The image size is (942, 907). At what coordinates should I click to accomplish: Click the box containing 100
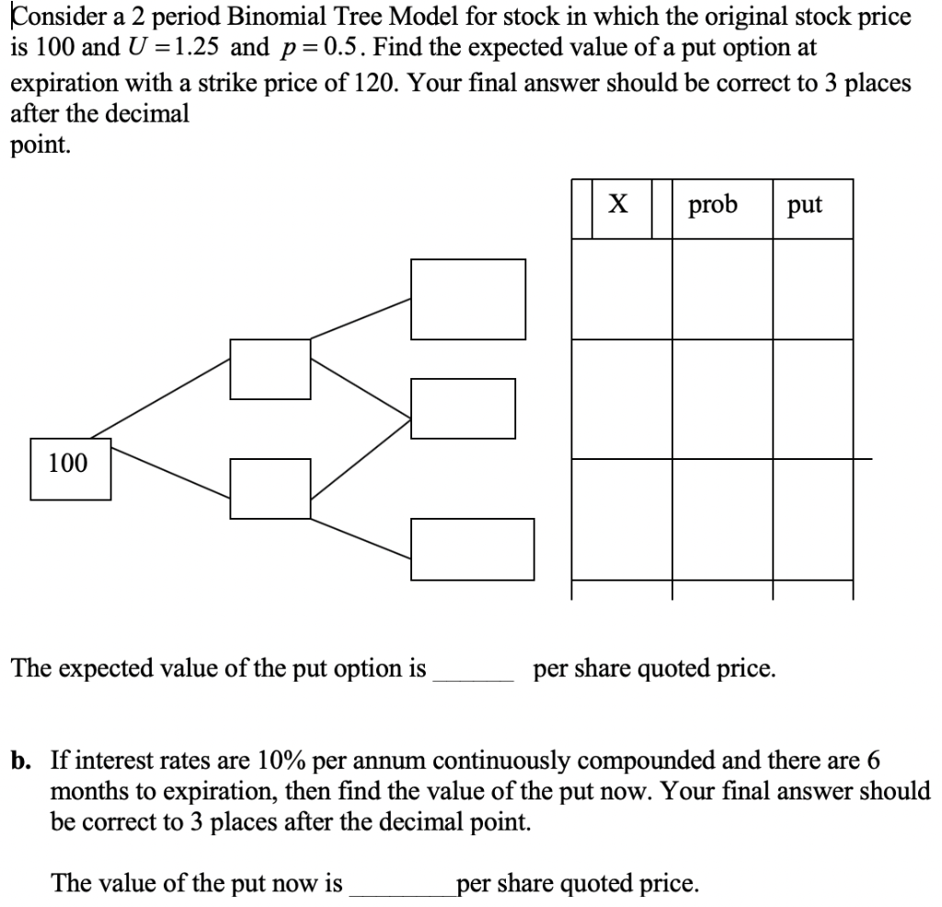click(x=70, y=469)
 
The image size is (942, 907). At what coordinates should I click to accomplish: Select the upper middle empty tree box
click(x=270, y=369)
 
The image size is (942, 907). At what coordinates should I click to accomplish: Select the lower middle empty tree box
click(x=270, y=488)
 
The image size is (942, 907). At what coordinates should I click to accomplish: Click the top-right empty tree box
click(x=468, y=299)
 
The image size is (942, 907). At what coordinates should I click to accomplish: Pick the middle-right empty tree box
click(x=463, y=408)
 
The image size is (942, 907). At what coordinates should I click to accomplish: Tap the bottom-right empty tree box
click(x=472, y=549)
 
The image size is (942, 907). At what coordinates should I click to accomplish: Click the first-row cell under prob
click(x=722, y=289)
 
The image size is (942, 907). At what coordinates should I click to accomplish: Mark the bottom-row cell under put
click(x=812, y=519)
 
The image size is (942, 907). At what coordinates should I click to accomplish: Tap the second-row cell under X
click(x=621, y=398)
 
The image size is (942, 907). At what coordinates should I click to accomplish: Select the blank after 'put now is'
click(x=399, y=885)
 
